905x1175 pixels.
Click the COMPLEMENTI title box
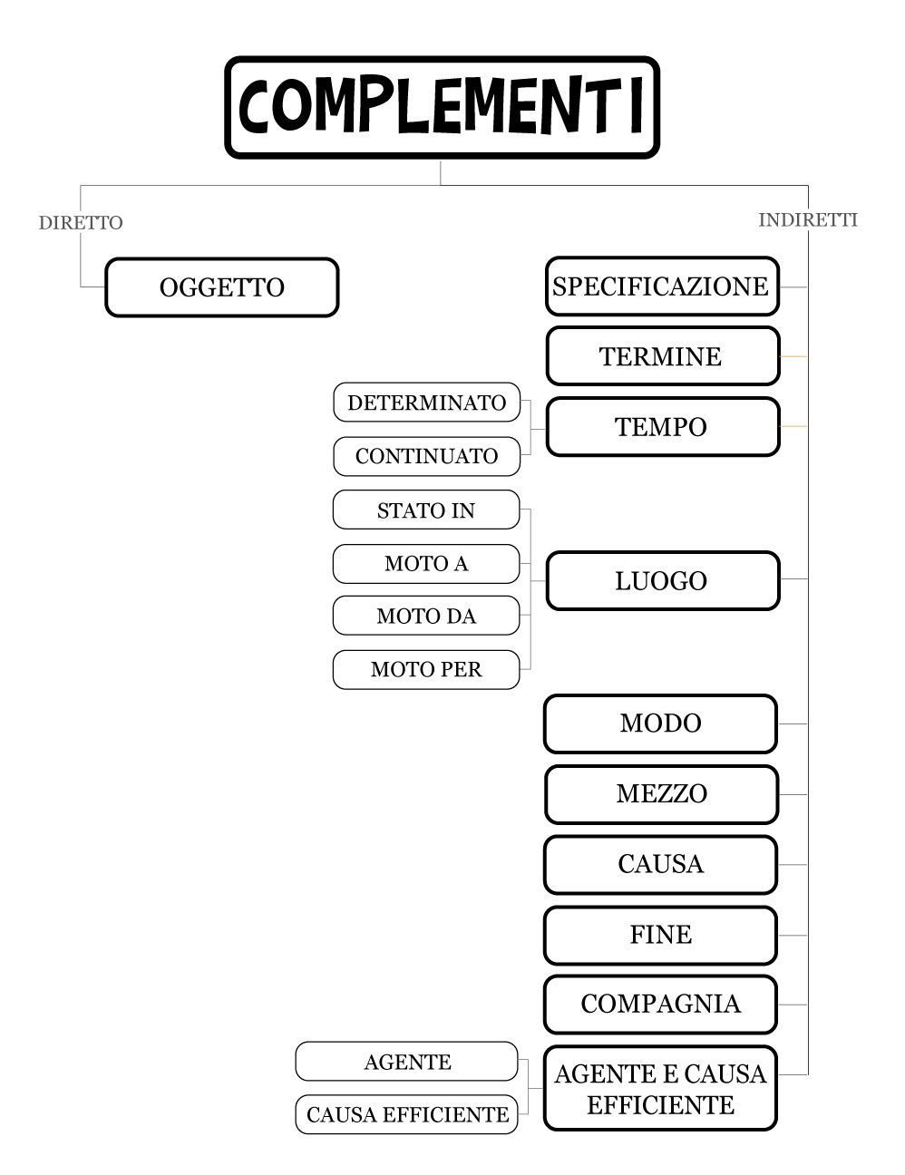click(x=442, y=108)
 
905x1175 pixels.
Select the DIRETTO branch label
click(x=81, y=223)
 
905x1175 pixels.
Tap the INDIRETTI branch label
click(x=807, y=220)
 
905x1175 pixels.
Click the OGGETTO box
click(x=222, y=287)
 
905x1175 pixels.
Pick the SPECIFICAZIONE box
click(x=662, y=286)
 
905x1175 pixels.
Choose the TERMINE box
click(x=662, y=356)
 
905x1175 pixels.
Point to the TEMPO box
click(x=662, y=427)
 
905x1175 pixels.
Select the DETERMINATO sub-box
click(x=426, y=403)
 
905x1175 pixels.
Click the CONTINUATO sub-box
click(x=426, y=456)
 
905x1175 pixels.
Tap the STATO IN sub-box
click(x=426, y=510)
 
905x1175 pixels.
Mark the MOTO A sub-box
click(x=426, y=564)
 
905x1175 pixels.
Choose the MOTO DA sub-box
click(x=426, y=617)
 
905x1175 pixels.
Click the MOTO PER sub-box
click(x=426, y=670)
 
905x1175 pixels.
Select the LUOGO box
click(x=662, y=581)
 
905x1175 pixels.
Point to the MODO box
click(x=660, y=723)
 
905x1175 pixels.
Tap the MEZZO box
click(x=661, y=794)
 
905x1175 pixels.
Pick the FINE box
click(x=660, y=935)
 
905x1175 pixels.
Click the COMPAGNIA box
click(x=660, y=1005)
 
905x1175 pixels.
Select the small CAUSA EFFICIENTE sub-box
click(x=407, y=1114)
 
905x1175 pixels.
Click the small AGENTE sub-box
click(x=407, y=1062)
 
